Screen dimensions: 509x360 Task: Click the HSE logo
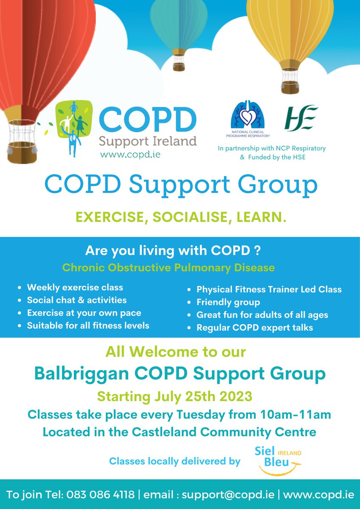pyautogui.click(x=301, y=118)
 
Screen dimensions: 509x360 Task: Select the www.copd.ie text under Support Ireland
pyautogui.click(x=130, y=154)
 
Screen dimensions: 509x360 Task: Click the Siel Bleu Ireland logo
pyautogui.click(x=278, y=459)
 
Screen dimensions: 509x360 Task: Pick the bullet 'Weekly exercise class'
pyautogui.click(x=75, y=287)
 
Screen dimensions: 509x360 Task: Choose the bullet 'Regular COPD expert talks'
pyautogui.click(x=254, y=327)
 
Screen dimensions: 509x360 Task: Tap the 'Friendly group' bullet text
pyautogui.click(x=228, y=302)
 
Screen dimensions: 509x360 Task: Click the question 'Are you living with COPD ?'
pyautogui.click(x=173, y=251)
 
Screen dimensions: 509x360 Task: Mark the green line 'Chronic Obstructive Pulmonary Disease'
pyautogui.click(x=168, y=268)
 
